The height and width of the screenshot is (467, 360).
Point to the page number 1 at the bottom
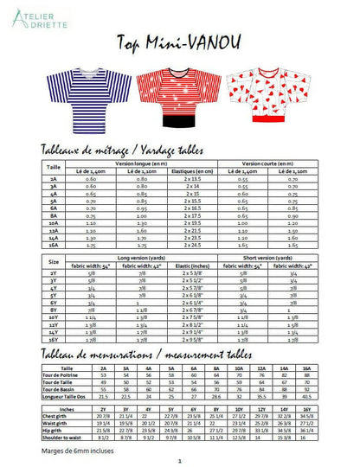[x=179, y=461]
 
